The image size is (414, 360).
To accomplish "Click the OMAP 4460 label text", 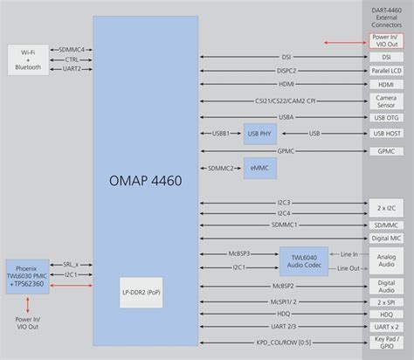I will (x=145, y=182).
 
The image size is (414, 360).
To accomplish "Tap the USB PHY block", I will (x=259, y=134).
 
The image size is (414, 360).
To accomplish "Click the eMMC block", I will (x=259, y=167).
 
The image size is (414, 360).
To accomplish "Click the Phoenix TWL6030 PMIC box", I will (x=27, y=276).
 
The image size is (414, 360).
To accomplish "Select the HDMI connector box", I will (x=386, y=85).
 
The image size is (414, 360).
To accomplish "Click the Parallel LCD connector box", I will (x=386, y=70).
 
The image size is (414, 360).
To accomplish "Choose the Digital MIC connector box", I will (x=386, y=238).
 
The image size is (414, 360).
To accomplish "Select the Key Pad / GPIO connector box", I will (x=386, y=343).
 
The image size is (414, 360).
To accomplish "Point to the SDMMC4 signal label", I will (x=72, y=50).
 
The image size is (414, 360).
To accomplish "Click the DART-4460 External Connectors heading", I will (x=386, y=17).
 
